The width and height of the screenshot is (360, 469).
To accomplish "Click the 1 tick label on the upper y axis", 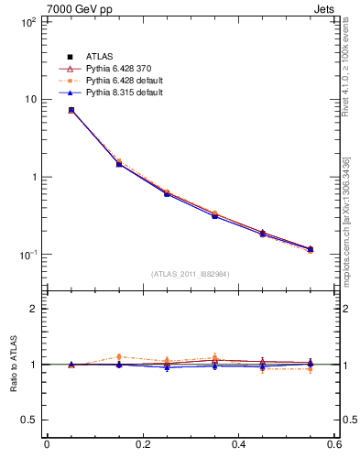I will click(x=32, y=177).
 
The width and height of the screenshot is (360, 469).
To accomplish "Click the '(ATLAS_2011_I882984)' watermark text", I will click(x=191, y=274).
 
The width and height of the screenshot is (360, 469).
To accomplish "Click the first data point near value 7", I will click(x=71, y=110).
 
